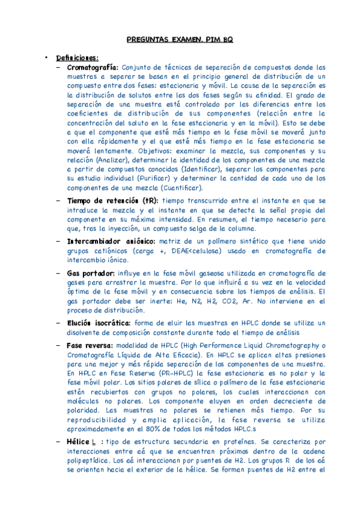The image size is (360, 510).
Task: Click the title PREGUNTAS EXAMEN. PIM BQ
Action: [180, 40]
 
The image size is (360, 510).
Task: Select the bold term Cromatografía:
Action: [93, 67]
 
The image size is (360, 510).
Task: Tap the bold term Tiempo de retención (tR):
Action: [112, 200]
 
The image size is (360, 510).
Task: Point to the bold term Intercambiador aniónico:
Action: [111, 241]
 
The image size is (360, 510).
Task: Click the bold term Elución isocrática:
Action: [99, 323]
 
